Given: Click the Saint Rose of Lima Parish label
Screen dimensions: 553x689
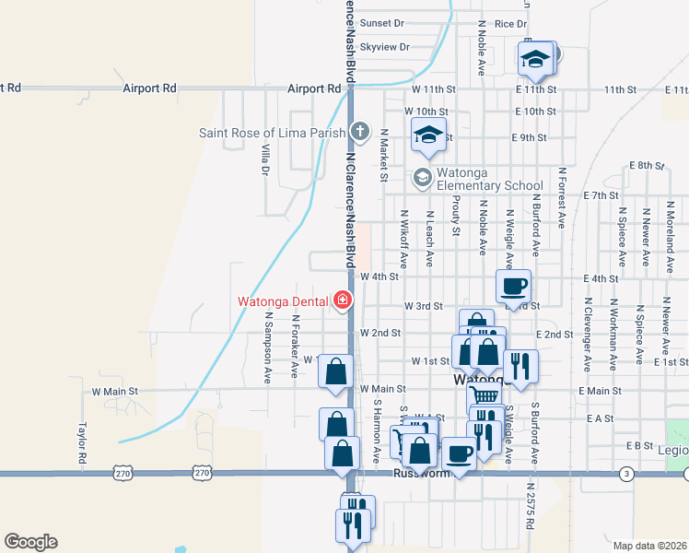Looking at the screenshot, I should pyautogui.click(x=272, y=133).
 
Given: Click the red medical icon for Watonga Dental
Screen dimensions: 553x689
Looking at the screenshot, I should pyautogui.click(x=343, y=300).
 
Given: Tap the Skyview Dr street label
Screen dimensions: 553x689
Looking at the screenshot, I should pyautogui.click(x=384, y=47).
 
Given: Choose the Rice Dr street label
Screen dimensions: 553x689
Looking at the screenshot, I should pyautogui.click(x=509, y=23).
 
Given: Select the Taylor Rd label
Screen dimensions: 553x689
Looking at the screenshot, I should pyautogui.click(x=82, y=443).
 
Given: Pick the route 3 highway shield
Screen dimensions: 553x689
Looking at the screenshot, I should pyautogui.click(x=625, y=474).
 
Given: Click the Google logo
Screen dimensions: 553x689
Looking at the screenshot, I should pyautogui.click(x=30, y=542).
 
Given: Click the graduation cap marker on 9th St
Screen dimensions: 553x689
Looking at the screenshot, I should pyautogui.click(x=428, y=135).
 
